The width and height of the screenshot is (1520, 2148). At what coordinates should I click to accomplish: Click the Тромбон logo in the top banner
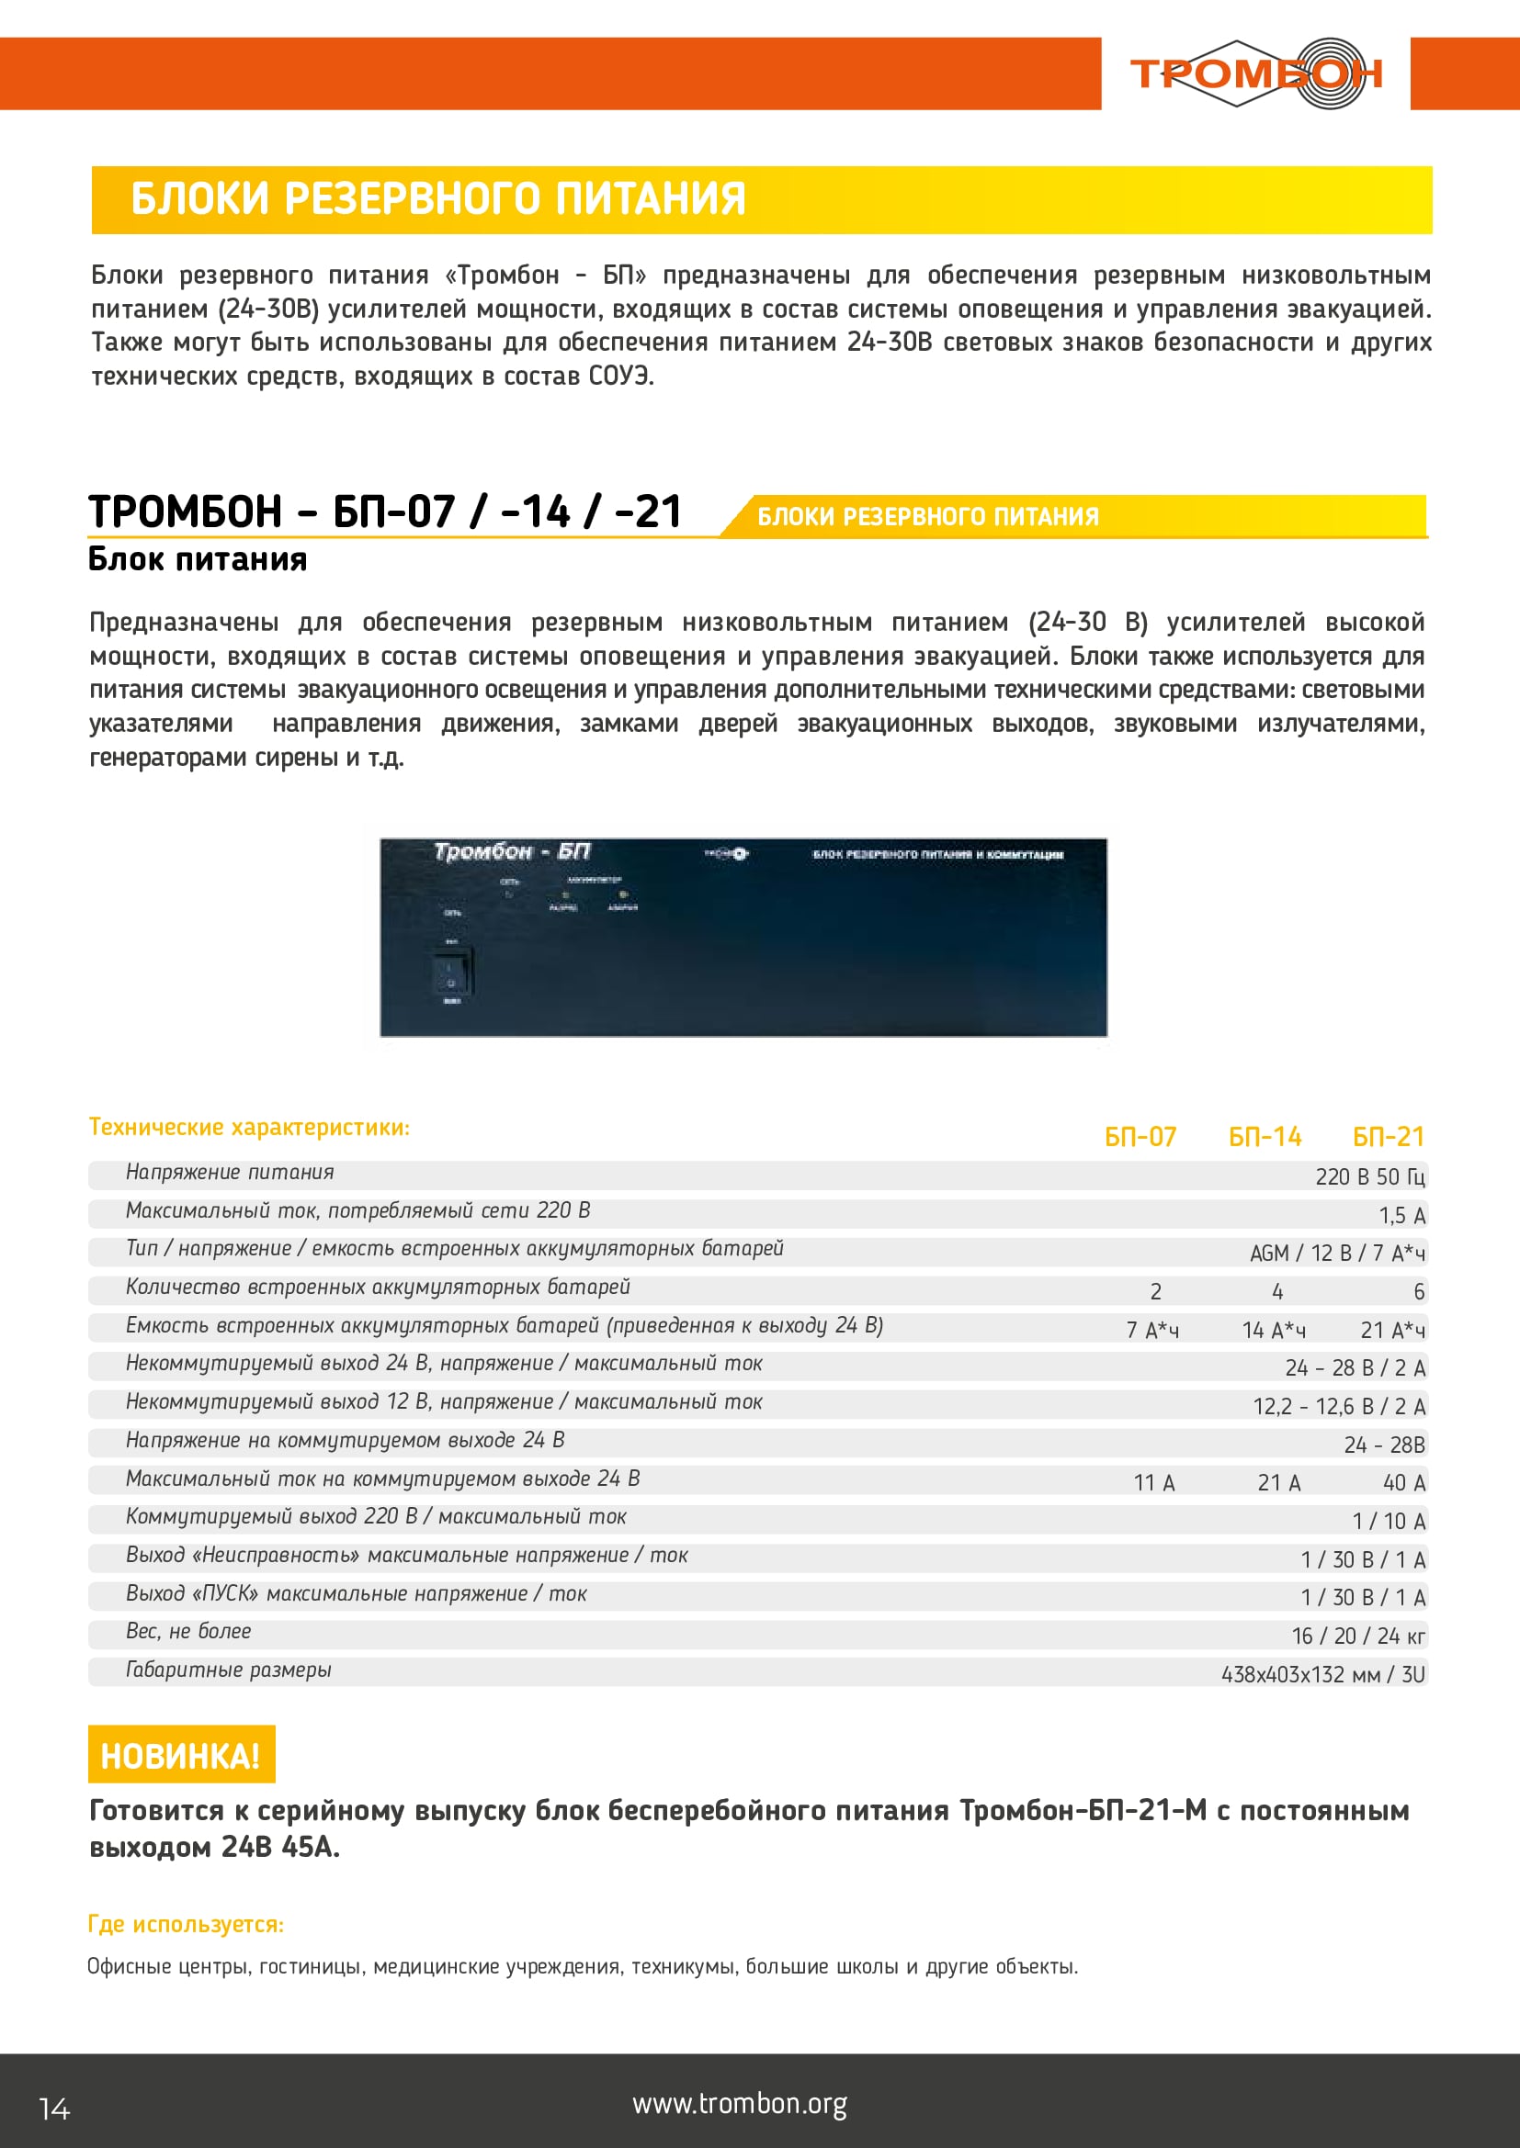coord(1255,73)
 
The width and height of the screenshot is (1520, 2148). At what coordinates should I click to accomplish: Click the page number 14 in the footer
coord(54,2109)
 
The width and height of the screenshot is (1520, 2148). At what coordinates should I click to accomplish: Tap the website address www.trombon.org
coord(740,2104)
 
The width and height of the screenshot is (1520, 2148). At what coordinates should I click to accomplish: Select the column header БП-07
coord(1140,1137)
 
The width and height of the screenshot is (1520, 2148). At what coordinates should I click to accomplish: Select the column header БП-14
coord(1265,1137)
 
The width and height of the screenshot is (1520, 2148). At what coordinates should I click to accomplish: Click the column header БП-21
coord(1388,1137)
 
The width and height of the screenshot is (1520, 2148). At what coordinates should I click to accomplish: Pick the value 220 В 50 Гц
coord(1369,1177)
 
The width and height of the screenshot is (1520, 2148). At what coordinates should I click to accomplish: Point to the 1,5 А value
coord(1401,1215)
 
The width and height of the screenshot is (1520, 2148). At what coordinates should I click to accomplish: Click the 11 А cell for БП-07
coord(1154,1483)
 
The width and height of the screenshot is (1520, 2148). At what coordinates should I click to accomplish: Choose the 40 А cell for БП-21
coord(1404,1483)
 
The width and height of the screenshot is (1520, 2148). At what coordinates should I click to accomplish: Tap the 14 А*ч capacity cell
coord(1273,1331)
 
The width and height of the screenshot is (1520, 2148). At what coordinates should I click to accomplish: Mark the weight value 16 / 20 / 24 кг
coord(1358,1636)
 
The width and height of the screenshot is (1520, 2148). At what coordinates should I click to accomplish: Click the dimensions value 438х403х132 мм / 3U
coord(1322,1675)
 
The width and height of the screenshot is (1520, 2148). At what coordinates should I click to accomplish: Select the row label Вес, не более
coord(188,1632)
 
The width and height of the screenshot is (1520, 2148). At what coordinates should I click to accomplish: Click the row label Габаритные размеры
coord(229,1670)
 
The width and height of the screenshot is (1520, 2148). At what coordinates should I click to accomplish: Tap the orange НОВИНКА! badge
coord(181,1755)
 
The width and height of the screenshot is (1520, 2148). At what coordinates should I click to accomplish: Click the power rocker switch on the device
coord(452,971)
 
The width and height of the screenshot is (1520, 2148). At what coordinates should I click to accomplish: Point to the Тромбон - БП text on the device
coord(512,851)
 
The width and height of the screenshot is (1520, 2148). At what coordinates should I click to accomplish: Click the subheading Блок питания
coord(198,559)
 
